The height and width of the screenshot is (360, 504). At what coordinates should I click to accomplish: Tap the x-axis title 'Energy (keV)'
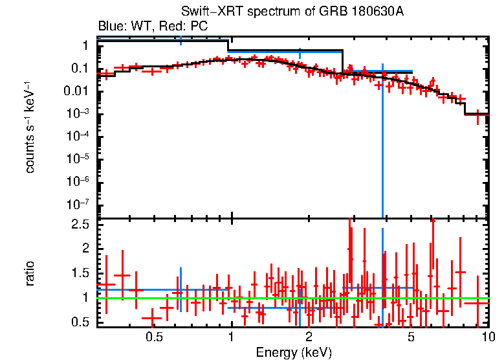click(294, 352)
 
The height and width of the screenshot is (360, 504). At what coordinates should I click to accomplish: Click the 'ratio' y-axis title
click(30, 273)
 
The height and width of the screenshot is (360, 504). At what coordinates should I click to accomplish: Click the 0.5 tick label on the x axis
click(153, 337)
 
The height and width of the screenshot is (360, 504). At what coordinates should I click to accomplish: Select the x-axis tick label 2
click(309, 337)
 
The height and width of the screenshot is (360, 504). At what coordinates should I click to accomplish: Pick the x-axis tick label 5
click(411, 337)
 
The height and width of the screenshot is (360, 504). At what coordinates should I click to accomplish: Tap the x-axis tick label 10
click(488, 337)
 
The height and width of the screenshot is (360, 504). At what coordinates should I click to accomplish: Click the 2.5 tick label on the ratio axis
click(80, 224)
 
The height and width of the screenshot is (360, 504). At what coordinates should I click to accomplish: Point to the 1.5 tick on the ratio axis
click(80, 273)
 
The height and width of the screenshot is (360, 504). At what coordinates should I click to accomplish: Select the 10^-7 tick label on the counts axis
click(77, 203)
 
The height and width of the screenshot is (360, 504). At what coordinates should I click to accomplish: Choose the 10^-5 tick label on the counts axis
click(77, 158)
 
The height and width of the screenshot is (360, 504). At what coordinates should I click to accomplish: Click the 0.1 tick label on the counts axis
click(80, 68)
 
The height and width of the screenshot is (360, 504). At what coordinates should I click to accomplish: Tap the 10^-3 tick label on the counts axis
click(77, 113)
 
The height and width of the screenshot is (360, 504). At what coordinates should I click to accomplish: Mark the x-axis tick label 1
click(232, 337)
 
